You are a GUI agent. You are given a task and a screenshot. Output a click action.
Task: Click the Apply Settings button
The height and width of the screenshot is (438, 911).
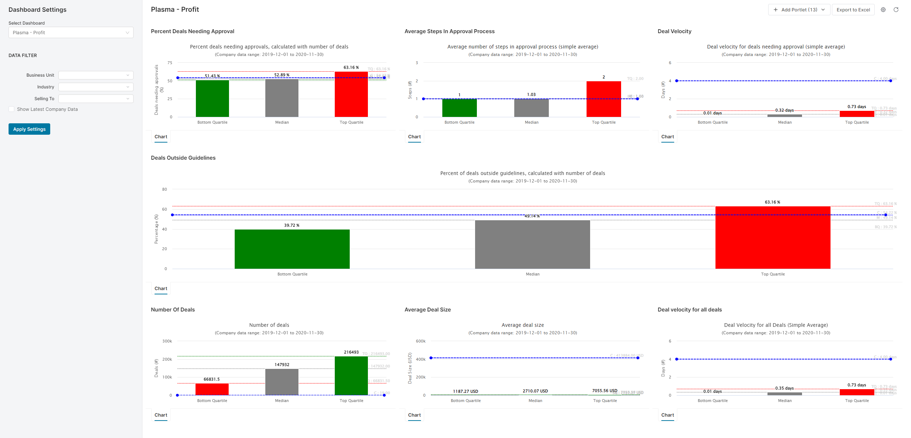(x=29, y=129)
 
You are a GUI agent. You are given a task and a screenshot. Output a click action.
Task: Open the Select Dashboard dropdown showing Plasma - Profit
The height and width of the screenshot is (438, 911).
(x=71, y=32)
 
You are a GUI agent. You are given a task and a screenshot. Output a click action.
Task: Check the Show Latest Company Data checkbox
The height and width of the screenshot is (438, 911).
(x=12, y=109)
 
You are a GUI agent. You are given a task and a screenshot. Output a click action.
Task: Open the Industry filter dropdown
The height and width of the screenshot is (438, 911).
(x=96, y=87)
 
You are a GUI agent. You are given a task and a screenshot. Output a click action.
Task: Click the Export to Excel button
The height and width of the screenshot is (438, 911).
(x=853, y=10)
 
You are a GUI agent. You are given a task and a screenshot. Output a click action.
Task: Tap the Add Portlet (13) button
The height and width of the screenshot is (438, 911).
(x=799, y=10)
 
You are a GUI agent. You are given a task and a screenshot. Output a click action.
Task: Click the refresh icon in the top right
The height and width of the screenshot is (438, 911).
(x=896, y=10)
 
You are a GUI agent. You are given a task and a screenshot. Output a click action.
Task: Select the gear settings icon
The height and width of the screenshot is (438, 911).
(x=883, y=10)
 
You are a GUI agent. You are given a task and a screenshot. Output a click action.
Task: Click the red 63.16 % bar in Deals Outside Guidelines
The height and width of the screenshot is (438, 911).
(x=772, y=237)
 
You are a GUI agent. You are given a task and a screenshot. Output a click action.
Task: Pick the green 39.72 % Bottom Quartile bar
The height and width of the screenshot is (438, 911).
(x=292, y=249)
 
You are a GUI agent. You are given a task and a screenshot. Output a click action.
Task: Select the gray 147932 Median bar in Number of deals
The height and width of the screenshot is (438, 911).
(x=282, y=382)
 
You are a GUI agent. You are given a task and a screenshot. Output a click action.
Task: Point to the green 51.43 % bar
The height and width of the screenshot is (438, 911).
(x=212, y=98)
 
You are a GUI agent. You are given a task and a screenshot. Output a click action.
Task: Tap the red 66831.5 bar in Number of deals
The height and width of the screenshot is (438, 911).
(x=212, y=389)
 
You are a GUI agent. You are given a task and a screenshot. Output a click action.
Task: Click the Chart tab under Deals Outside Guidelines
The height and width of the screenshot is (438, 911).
(x=161, y=289)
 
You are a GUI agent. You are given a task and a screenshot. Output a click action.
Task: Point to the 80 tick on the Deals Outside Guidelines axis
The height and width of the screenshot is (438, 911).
(x=165, y=189)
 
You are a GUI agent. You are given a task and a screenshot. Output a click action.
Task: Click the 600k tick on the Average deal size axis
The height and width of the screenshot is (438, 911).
(x=421, y=341)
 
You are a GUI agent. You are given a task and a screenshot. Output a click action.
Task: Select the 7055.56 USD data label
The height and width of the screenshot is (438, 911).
(x=604, y=391)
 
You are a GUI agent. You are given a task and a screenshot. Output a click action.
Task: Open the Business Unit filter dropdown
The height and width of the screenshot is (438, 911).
(x=96, y=75)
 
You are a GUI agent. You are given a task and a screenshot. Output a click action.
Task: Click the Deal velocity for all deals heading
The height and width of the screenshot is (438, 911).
(x=689, y=310)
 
